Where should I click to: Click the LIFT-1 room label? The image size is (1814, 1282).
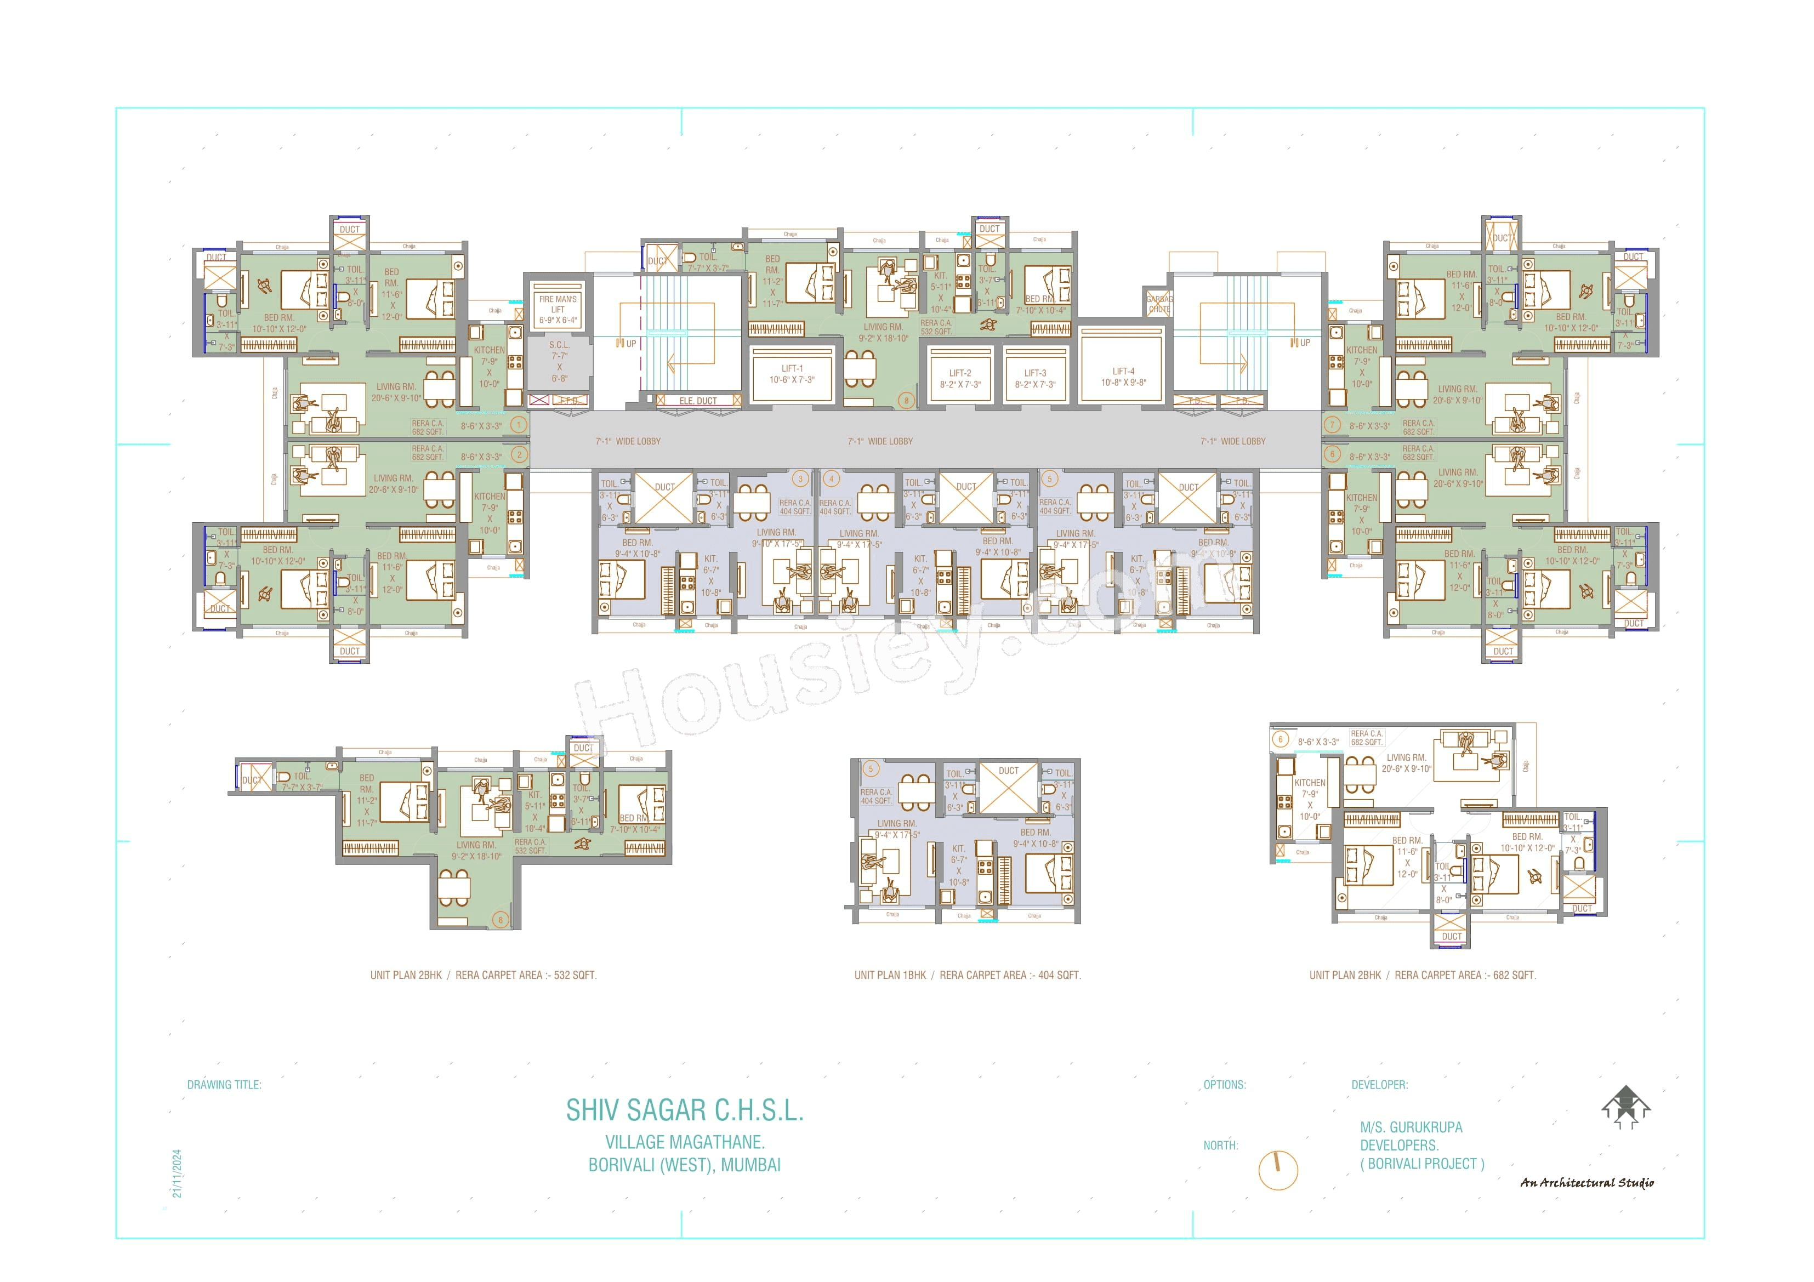792,369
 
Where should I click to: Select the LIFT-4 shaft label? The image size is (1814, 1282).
1123,371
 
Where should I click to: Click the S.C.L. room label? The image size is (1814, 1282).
559,345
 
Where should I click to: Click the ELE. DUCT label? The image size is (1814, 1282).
698,401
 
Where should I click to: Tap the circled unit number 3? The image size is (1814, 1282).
800,478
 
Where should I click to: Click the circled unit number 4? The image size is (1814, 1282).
831,478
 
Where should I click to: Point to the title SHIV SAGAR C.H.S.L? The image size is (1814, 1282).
684,1110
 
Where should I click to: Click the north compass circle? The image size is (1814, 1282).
1277,1170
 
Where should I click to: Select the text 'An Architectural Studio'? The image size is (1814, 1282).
1586,1182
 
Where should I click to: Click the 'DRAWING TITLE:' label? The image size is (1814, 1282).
224,1085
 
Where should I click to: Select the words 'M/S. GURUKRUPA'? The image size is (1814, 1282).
1411,1127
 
